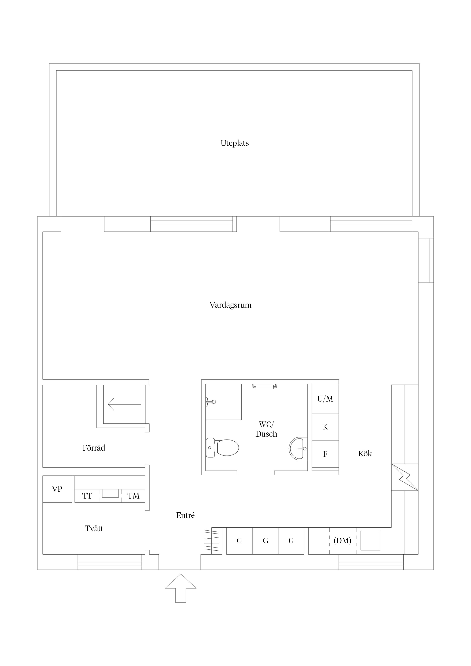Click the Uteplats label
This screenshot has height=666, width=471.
click(x=235, y=143)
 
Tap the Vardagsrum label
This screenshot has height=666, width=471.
click(x=230, y=305)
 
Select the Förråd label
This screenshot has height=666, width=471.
click(x=94, y=448)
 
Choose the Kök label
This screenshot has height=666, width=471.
click(x=365, y=454)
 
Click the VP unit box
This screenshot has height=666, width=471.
click(x=57, y=489)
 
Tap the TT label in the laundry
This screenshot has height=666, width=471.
click(x=87, y=496)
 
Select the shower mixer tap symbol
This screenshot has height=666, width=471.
click(x=211, y=402)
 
